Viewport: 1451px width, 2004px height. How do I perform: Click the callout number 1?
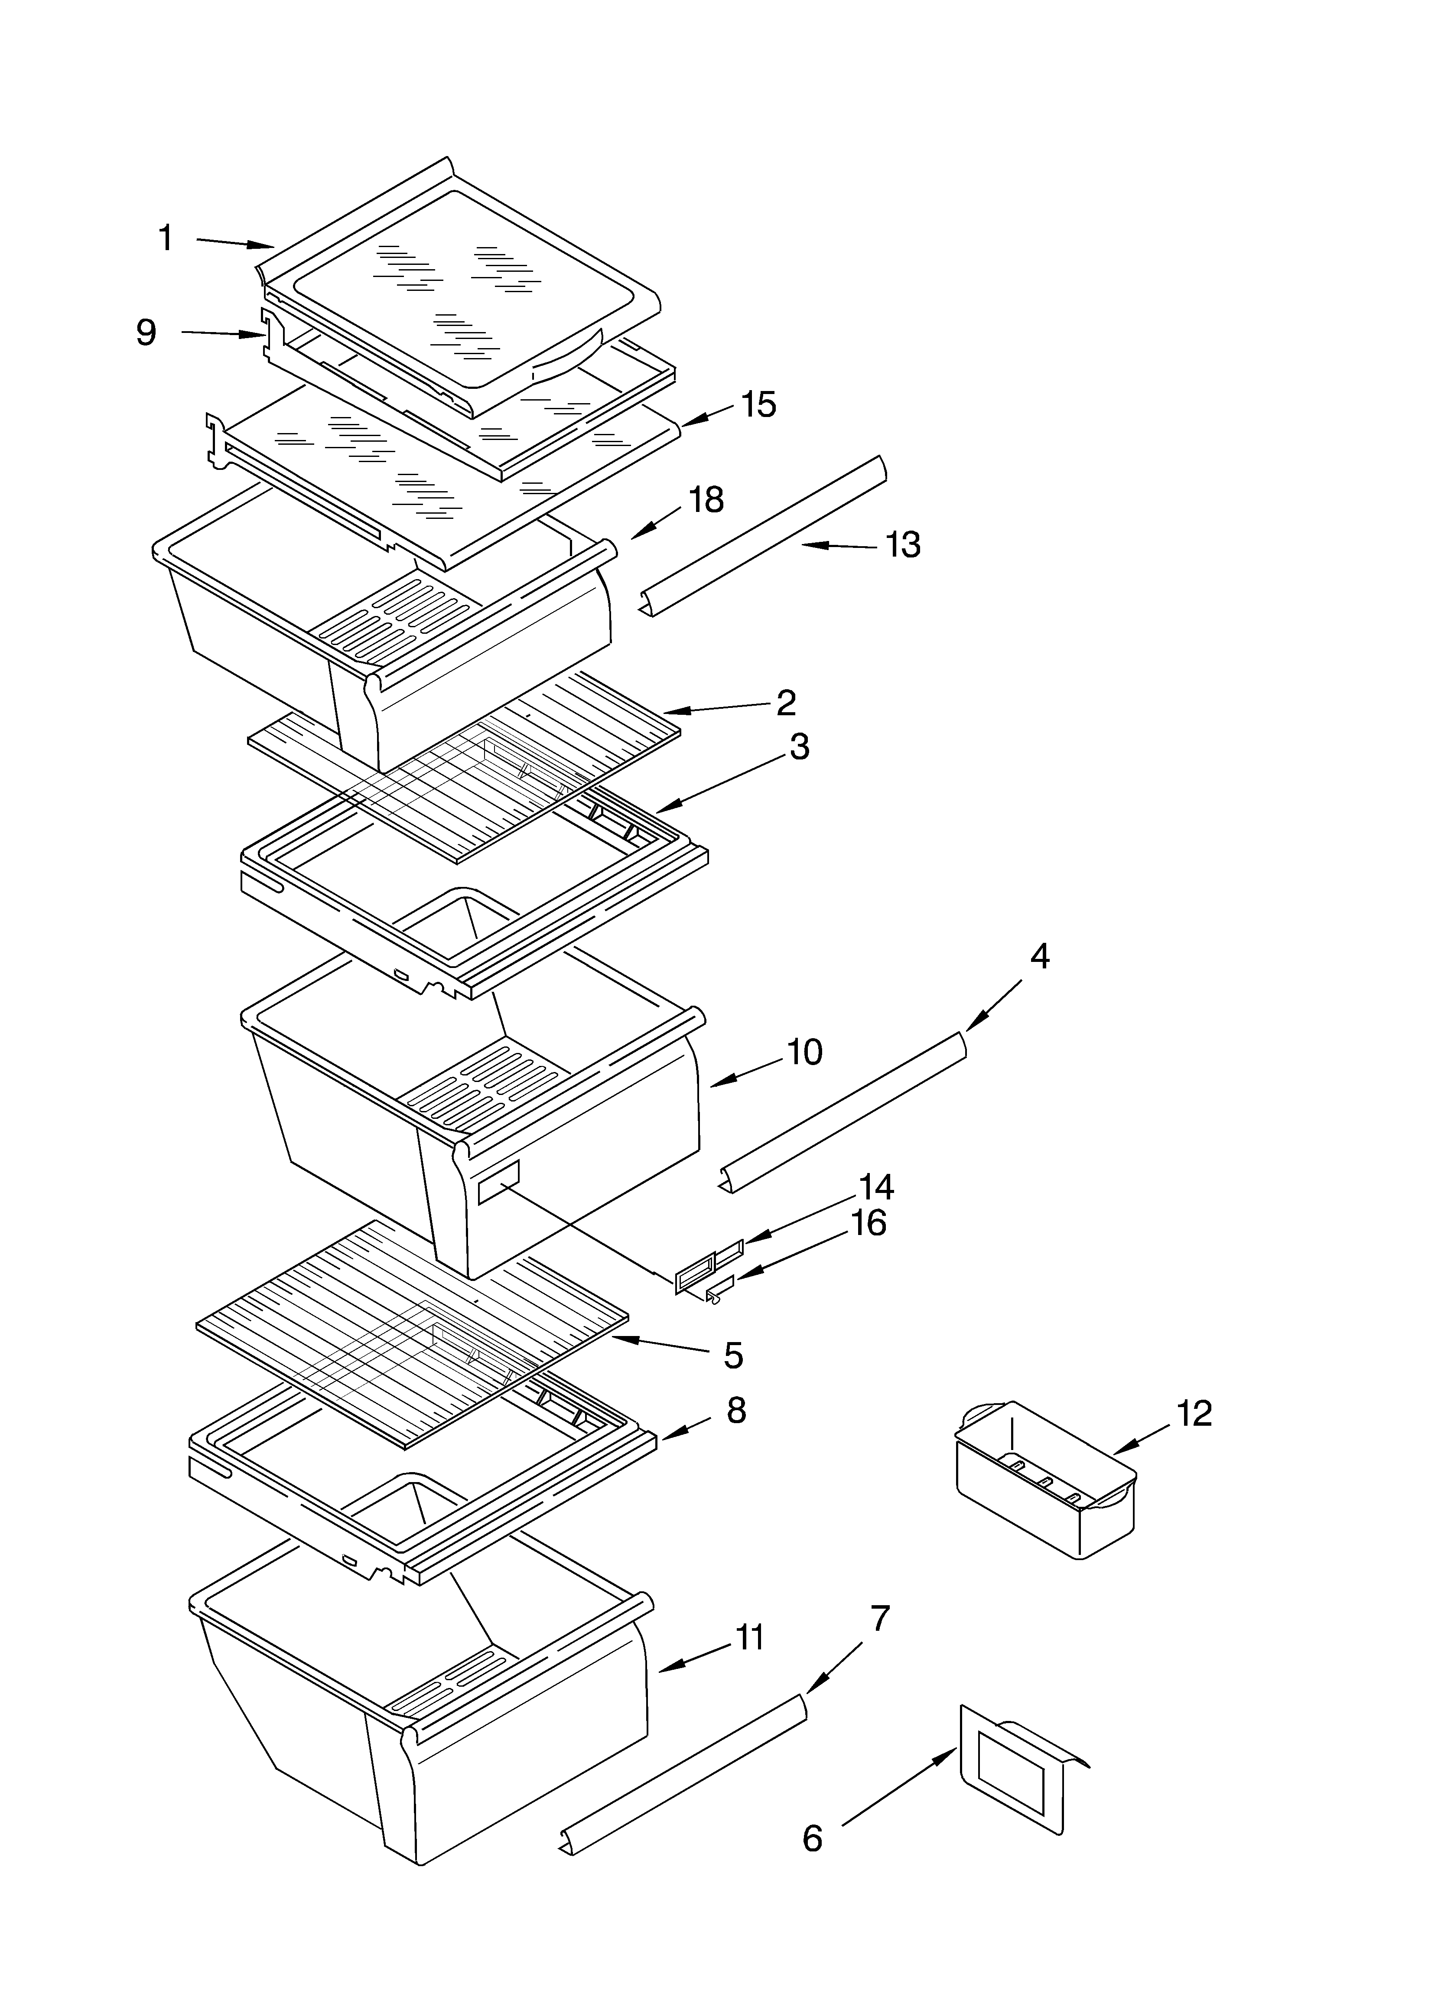pos(165,238)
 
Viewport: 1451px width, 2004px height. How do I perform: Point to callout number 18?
pos(706,500)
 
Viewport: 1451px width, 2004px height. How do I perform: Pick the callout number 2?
pos(786,702)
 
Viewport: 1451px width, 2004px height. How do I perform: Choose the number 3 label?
pos(799,746)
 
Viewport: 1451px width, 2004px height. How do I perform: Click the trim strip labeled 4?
pos(844,1111)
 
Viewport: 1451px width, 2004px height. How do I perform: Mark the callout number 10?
pos(804,1052)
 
